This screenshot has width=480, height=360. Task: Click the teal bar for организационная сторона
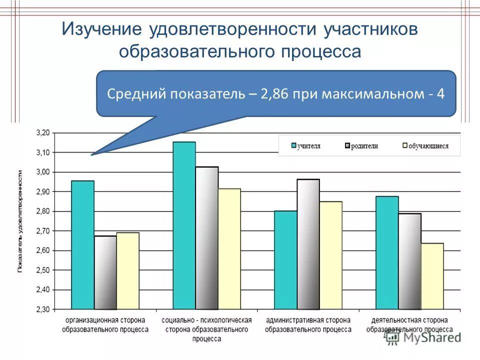(82, 245)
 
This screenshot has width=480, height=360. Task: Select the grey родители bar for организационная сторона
(105, 272)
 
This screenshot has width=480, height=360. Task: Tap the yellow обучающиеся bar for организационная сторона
(127, 270)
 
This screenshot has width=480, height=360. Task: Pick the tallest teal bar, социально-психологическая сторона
(184, 225)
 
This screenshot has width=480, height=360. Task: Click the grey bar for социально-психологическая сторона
(206, 238)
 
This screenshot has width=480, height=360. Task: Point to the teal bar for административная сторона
(285, 260)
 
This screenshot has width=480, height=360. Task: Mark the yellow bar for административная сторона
(330, 255)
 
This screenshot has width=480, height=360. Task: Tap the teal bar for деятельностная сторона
(387, 252)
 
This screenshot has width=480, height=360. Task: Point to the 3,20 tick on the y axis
(43, 133)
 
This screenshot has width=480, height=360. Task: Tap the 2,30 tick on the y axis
(43, 309)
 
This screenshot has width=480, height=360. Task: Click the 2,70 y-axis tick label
(43, 231)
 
